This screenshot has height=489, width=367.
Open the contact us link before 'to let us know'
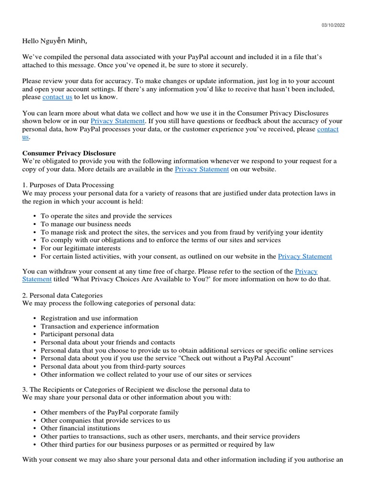pos(57,97)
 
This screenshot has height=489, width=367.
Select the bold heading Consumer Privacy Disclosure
pos(69,153)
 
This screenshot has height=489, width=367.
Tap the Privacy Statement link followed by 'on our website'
pos(202,170)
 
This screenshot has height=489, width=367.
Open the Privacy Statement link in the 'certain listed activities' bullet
pos(304,256)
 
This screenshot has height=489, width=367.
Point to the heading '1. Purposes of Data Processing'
pos(68,185)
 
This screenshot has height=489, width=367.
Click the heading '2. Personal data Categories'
pos(62,296)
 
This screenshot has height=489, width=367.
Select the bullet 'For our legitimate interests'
pos(81,248)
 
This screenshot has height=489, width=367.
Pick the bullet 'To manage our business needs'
pos(86,224)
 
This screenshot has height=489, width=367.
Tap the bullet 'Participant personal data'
pos(77,334)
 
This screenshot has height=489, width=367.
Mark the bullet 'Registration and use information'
pos(89,318)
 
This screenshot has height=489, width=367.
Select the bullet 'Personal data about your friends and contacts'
pos(108,342)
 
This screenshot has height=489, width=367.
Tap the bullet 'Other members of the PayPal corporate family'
pos(109,412)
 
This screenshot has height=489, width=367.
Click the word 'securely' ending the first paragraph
pos(235,65)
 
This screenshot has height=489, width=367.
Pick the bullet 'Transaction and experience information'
pos(99,326)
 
